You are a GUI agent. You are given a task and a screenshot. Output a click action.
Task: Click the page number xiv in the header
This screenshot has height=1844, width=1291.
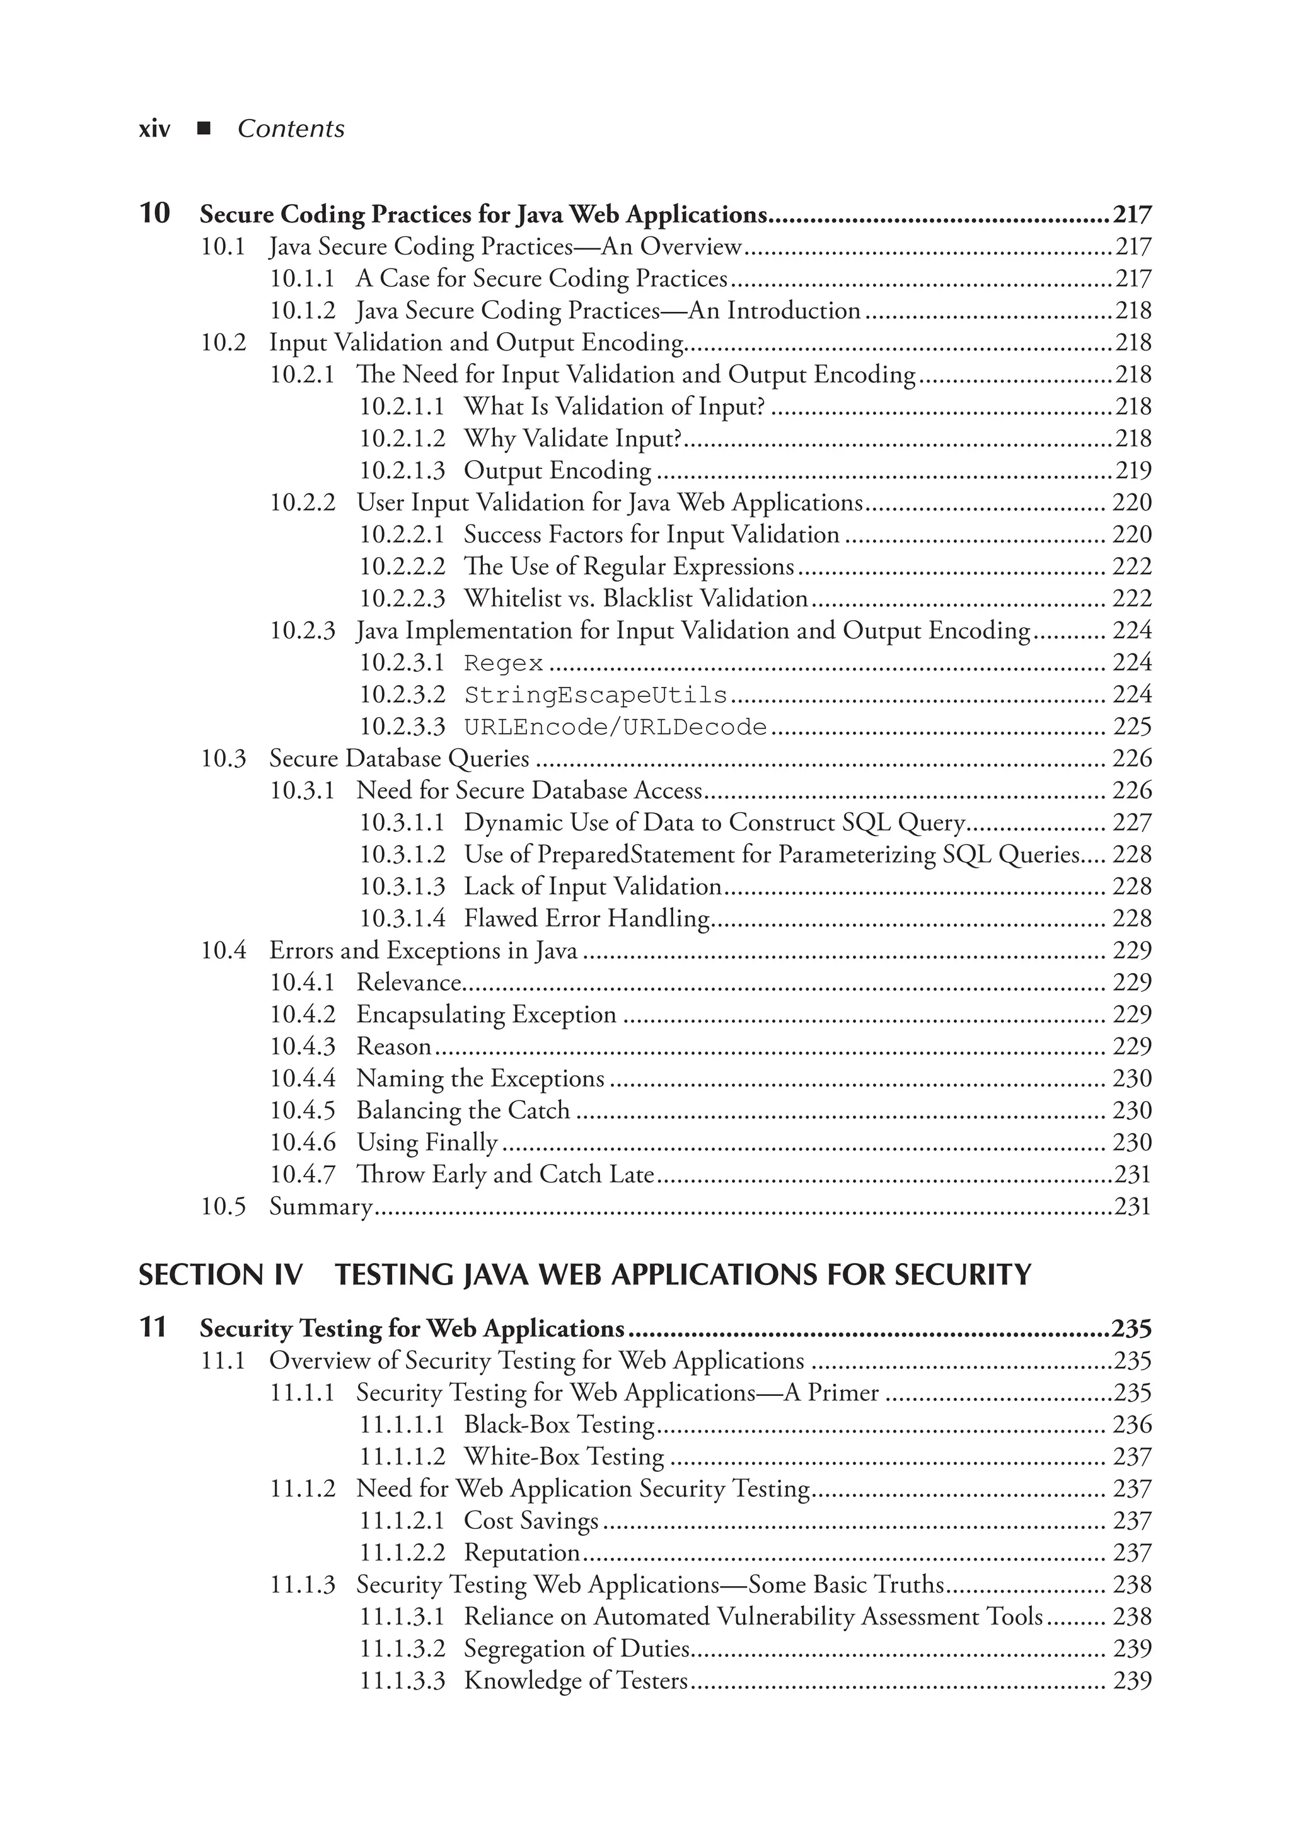pyautogui.click(x=154, y=129)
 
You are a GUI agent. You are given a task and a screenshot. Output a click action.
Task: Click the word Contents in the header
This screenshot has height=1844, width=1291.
pyautogui.click(x=291, y=129)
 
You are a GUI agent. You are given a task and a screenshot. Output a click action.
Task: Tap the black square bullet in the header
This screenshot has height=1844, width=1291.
pyautogui.click(x=203, y=129)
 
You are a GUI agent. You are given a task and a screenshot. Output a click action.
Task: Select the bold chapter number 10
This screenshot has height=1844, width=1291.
pyautogui.click(x=155, y=214)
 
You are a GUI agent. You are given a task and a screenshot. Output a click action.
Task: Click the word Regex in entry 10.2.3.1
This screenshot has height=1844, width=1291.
pyautogui.click(x=504, y=664)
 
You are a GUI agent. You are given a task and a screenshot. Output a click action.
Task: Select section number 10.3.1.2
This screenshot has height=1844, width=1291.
pyautogui.click(x=402, y=855)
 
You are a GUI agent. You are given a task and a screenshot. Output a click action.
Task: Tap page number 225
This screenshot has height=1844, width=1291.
pyautogui.click(x=1132, y=727)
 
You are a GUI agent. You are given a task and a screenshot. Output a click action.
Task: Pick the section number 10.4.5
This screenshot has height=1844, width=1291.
pyautogui.click(x=302, y=1110)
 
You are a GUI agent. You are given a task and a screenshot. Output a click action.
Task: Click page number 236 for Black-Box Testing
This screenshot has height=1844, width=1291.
pyautogui.click(x=1132, y=1425)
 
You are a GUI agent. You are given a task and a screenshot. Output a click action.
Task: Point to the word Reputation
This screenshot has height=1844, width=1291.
pyautogui.click(x=522, y=1553)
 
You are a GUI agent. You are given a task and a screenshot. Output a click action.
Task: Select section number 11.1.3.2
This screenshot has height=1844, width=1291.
pyautogui.click(x=402, y=1649)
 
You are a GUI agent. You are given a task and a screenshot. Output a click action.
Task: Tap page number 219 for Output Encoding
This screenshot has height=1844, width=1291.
pyautogui.click(x=1133, y=471)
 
